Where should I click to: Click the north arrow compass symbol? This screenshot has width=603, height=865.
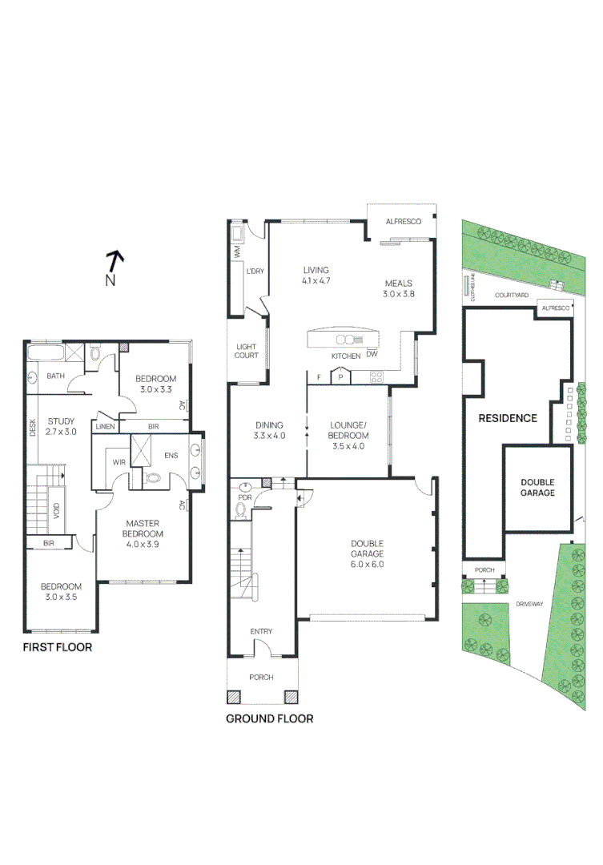115,264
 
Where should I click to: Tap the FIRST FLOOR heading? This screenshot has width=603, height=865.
57,647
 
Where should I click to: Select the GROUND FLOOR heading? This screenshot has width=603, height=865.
269,718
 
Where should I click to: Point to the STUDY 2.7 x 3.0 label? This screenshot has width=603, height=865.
61,426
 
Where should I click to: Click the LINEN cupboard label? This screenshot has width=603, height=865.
104,426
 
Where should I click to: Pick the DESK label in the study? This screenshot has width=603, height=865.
33,428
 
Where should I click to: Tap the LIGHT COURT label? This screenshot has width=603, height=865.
246,351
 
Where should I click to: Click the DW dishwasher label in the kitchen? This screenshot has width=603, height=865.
372,354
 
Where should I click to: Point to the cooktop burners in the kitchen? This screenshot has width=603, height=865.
376,376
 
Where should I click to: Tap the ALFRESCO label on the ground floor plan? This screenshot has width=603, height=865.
404,221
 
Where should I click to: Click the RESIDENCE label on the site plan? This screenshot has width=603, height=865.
507,418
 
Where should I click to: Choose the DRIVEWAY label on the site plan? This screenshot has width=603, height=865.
529,604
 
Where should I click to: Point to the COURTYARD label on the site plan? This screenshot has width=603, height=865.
511,296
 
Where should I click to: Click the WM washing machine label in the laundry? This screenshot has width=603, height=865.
238,251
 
